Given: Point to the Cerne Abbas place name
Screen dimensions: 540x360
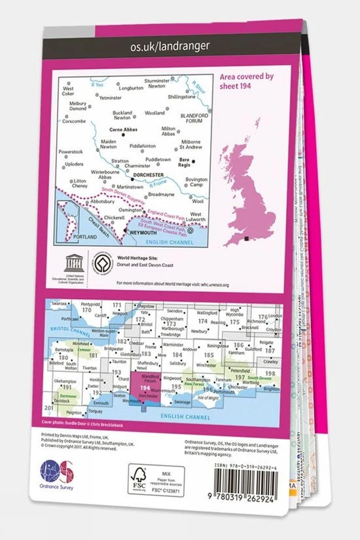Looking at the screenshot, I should click(x=120, y=129).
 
